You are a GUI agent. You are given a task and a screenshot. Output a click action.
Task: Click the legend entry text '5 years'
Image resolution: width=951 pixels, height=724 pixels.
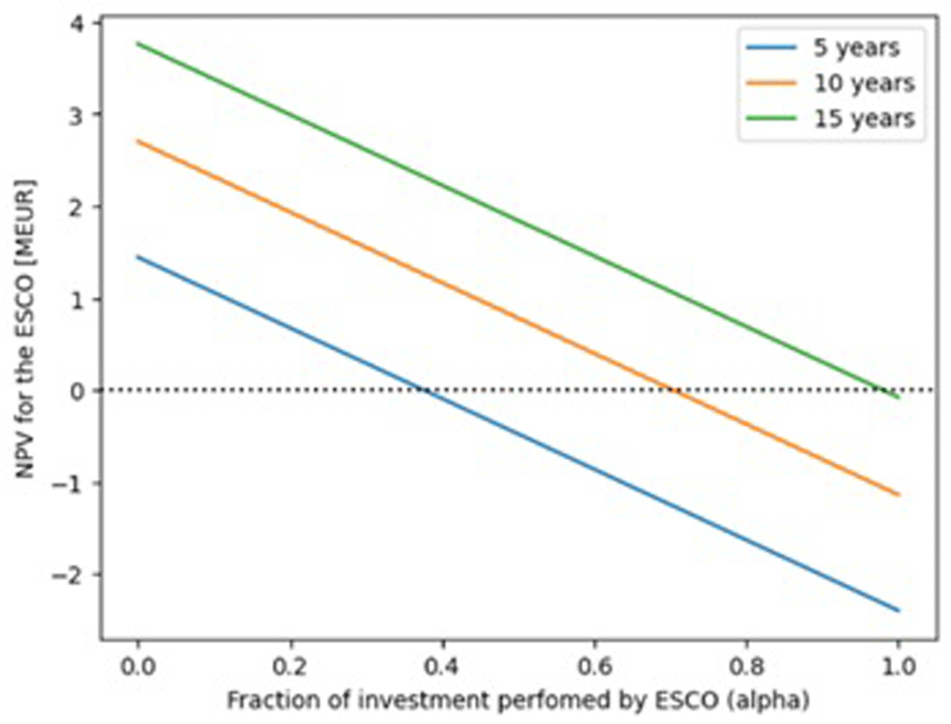coord(857,48)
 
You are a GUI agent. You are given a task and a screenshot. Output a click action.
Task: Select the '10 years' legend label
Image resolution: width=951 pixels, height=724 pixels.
coord(864,83)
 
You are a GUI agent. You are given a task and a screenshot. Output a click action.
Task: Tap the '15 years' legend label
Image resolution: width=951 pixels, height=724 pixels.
coord(864,118)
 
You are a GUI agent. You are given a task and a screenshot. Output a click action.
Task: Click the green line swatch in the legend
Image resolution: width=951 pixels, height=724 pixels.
coord(771,118)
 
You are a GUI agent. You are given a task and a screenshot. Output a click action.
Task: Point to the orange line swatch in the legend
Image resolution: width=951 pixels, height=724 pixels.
coord(771,83)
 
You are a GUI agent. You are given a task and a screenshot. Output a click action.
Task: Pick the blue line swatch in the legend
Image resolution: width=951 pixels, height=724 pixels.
coord(771,48)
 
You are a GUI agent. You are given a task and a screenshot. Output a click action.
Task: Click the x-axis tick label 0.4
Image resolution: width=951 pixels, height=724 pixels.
coord(443,667)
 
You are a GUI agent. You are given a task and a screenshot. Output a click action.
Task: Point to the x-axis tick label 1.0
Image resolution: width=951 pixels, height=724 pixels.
coord(899,667)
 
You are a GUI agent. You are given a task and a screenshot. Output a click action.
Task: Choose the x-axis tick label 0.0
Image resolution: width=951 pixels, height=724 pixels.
coord(138,667)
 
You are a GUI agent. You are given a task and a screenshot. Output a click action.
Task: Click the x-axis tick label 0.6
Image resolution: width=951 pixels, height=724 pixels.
coord(594,667)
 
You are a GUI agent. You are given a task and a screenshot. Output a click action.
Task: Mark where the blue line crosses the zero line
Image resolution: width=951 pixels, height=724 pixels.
coord(424,390)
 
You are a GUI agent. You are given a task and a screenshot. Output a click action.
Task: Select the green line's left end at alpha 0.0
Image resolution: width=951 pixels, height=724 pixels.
coord(138,43)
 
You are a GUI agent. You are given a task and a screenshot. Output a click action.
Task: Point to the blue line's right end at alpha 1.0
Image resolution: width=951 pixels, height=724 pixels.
coord(899,611)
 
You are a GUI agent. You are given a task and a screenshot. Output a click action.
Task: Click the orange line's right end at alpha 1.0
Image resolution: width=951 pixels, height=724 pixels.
coord(899,495)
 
